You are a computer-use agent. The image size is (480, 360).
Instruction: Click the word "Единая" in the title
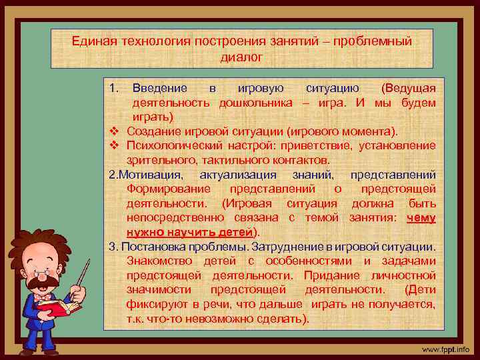tap(93, 41)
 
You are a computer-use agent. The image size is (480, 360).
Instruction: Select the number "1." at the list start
tap(114, 89)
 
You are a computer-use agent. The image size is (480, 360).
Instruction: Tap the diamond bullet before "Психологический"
tap(113, 145)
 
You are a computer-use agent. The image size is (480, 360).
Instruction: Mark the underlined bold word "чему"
tap(421, 217)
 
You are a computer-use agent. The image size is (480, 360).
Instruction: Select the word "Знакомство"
tap(157, 261)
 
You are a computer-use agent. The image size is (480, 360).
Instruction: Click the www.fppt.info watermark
tap(445, 349)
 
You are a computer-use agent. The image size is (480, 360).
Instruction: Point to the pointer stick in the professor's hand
tap(83, 275)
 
